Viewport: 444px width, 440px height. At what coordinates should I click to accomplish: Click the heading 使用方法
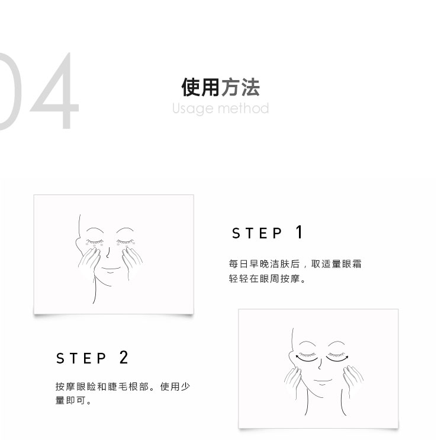pos(221,87)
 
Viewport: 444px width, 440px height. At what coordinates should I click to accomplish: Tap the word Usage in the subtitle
pos(193,109)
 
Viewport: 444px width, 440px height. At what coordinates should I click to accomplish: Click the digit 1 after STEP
pos(300,232)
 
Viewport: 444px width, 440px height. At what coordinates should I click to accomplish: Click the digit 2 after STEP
pos(124,357)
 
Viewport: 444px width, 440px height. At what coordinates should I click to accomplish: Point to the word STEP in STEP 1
pos(257,233)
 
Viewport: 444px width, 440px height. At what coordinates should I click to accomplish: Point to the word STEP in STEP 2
pos(81,358)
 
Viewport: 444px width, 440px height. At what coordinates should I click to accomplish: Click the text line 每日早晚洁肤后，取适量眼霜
pos(295,264)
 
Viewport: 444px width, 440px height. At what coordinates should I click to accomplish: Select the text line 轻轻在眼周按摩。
pos(268,279)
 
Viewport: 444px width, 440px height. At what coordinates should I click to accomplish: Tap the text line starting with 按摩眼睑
pos(123,387)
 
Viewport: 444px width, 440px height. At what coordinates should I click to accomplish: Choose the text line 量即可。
pos(73,400)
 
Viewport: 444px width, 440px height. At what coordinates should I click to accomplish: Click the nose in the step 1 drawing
pos(108,253)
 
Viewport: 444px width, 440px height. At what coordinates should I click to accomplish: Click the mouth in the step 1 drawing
pos(111,268)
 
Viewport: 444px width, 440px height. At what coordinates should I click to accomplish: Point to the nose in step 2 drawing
pos(320,364)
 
